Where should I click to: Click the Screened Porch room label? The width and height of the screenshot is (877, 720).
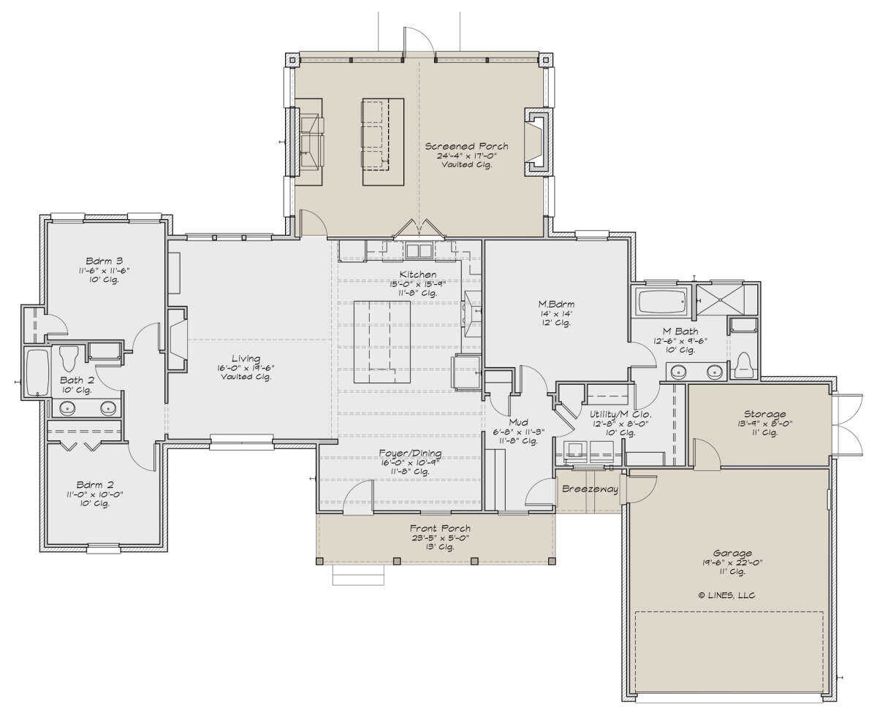point(466,146)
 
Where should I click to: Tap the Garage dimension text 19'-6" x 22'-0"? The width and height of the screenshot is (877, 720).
point(732,563)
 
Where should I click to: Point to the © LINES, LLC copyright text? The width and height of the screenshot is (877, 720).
point(726,595)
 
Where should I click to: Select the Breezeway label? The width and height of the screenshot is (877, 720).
point(590,489)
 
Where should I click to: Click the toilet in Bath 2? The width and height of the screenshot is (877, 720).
point(69,358)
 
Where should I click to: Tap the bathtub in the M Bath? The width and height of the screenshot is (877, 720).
point(661,302)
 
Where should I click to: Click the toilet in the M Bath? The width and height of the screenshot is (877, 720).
point(743,365)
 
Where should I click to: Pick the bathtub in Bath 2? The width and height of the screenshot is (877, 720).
point(37,372)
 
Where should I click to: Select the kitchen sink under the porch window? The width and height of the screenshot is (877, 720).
point(418,251)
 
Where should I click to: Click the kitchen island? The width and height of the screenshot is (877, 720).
point(382,342)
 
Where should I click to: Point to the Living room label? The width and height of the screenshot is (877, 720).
point(246,359)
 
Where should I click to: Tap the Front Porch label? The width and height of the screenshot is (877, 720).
point(440,529)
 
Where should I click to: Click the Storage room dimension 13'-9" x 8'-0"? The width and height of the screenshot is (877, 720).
point(764,424)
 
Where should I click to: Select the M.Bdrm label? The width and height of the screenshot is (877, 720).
point(556,304)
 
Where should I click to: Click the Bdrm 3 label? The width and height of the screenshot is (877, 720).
point(104,261)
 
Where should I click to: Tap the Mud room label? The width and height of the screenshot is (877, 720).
point(518,423)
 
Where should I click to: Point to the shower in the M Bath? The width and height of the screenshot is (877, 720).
point(720,299)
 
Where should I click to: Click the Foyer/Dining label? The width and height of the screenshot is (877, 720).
point(410,453)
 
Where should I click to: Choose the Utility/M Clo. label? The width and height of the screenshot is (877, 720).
point(620,414)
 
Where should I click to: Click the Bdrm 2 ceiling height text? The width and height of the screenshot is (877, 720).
point(94,504)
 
